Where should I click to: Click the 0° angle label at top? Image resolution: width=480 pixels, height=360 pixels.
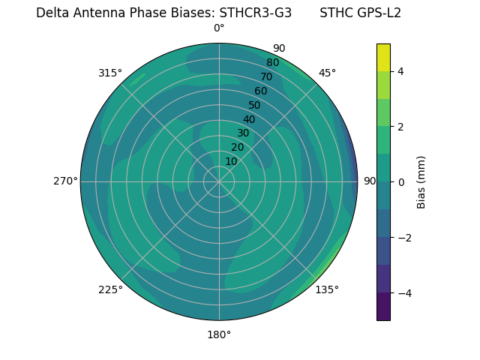pyautogui.click(x=219, y=28)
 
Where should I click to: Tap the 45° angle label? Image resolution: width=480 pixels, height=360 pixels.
pyautogui.click(x=327, y=73)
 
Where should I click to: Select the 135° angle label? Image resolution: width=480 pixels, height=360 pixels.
pyautogui.click(x=327, y=289)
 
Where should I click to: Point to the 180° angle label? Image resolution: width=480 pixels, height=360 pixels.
pyautogui.click(x=219, y=334)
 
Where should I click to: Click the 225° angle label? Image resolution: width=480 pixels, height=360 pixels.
pyautogui.click(x=110, y=290)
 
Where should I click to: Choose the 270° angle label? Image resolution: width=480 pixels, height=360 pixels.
pyautogui.click(x=65, y=181)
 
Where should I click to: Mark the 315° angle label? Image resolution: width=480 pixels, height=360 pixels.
pyautogui.click(x=110, y=73)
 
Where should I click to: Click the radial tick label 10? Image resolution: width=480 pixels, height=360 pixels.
pyautogui.click(x=231, y=161)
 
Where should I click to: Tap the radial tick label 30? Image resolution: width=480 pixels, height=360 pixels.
pyautogui.click(x=243, y=133)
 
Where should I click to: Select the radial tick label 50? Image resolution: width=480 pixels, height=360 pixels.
pyautogui.click(x=254, y=106)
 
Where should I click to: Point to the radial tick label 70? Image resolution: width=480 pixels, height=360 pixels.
pyautogui.click(x=266, y=77)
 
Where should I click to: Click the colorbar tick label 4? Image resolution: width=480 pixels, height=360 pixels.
pyautogui.click(x=401, y=71)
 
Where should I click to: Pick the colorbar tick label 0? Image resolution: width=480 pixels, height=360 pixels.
pyautogui.click(x=401, y=181)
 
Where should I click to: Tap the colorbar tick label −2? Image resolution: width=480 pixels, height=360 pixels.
pyautogui.click(x=403, y=238)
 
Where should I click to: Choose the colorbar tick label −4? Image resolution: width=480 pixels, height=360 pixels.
pyautogui.click(x=403, y=293)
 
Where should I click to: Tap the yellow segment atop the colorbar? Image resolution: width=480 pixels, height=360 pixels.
pyautogui.click(x=383, y=58)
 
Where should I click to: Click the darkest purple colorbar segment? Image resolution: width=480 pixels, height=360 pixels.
pyautogui.click(x=383, y=306)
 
